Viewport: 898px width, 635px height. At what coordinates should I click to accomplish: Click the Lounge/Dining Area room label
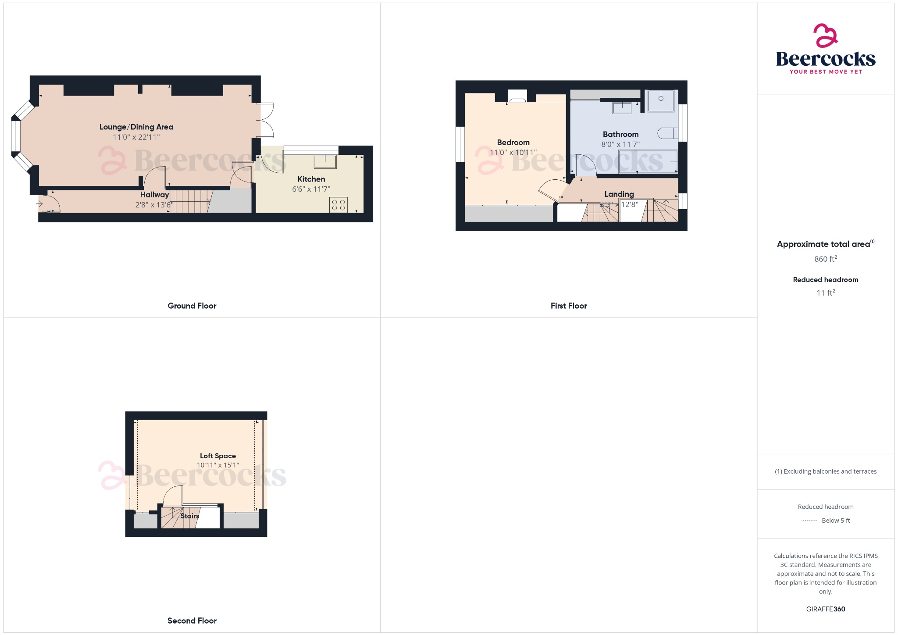[136, 127]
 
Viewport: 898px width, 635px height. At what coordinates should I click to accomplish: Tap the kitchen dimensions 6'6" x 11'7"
[311, 189]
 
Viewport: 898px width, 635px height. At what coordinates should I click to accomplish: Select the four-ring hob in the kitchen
[339, 205]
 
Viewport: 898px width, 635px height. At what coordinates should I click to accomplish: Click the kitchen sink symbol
[325, 162]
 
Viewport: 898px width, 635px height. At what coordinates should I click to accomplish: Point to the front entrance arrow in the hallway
[39, 203]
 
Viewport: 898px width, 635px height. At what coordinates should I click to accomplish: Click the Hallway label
[154, 195]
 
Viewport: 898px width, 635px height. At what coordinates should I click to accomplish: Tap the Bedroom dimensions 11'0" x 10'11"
[513, 153]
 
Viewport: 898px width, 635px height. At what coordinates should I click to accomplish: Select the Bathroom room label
[620, 134]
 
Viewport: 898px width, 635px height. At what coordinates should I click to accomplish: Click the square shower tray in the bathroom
[661, 100]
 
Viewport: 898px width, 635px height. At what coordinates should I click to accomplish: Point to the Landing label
[619, 194]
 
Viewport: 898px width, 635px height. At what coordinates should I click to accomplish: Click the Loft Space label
[218, 456]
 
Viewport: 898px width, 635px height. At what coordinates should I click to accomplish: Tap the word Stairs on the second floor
[190, 516]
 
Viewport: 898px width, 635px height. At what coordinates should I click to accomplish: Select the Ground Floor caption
[192, 306]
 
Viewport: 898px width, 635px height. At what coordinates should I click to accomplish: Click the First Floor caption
[569, 306]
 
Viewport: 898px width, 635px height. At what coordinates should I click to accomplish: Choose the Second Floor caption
[192, 621]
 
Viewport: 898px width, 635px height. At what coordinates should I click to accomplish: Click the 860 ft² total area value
[825, 259]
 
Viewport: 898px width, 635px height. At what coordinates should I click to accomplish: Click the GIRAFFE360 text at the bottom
[825, 609]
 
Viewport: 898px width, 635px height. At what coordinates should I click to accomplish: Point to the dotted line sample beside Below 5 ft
[809, 521]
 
